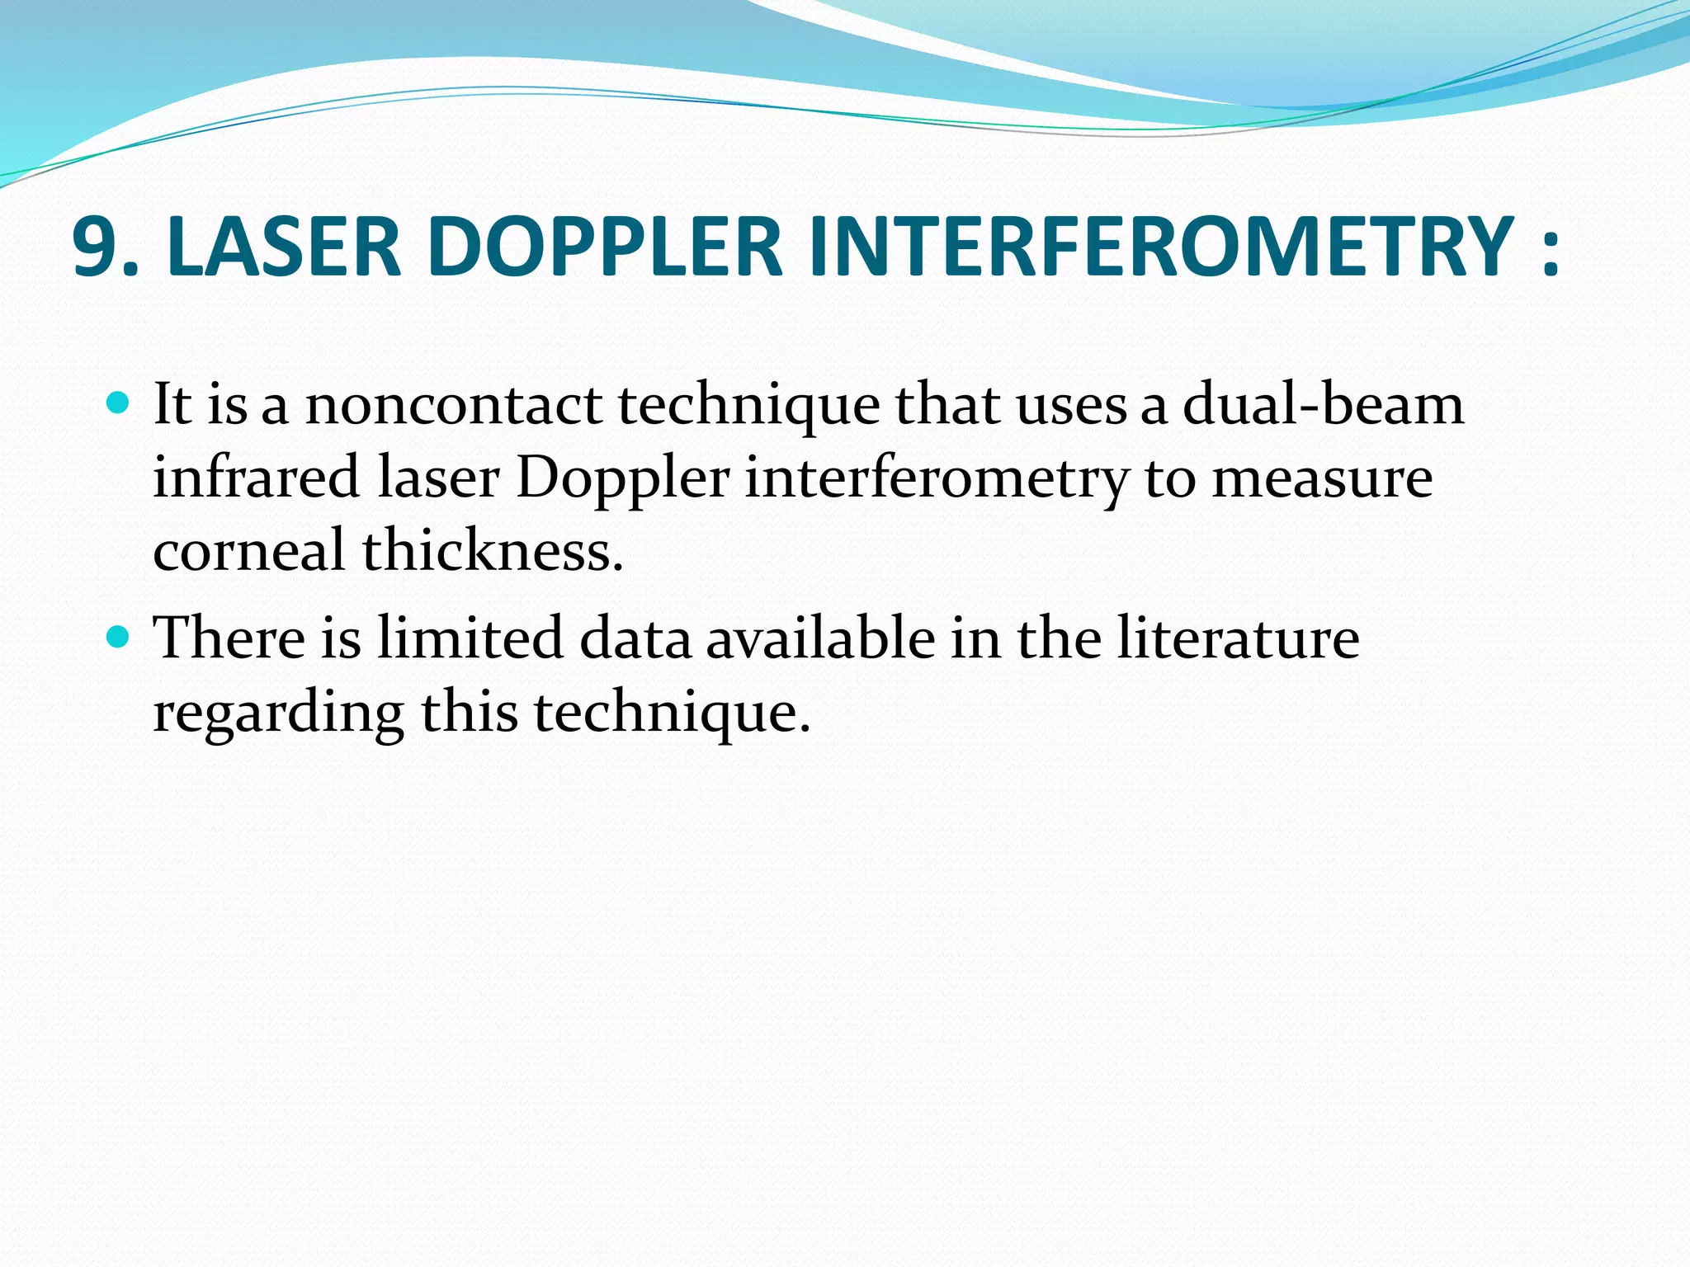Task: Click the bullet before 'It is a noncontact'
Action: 119,403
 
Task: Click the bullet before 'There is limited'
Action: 119,637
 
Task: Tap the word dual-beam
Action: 1323,405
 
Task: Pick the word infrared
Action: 257,478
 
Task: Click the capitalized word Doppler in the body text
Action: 623,479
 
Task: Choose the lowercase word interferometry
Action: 936,479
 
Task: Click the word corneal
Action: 248,550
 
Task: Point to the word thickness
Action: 492,550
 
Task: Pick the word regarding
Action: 279,713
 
